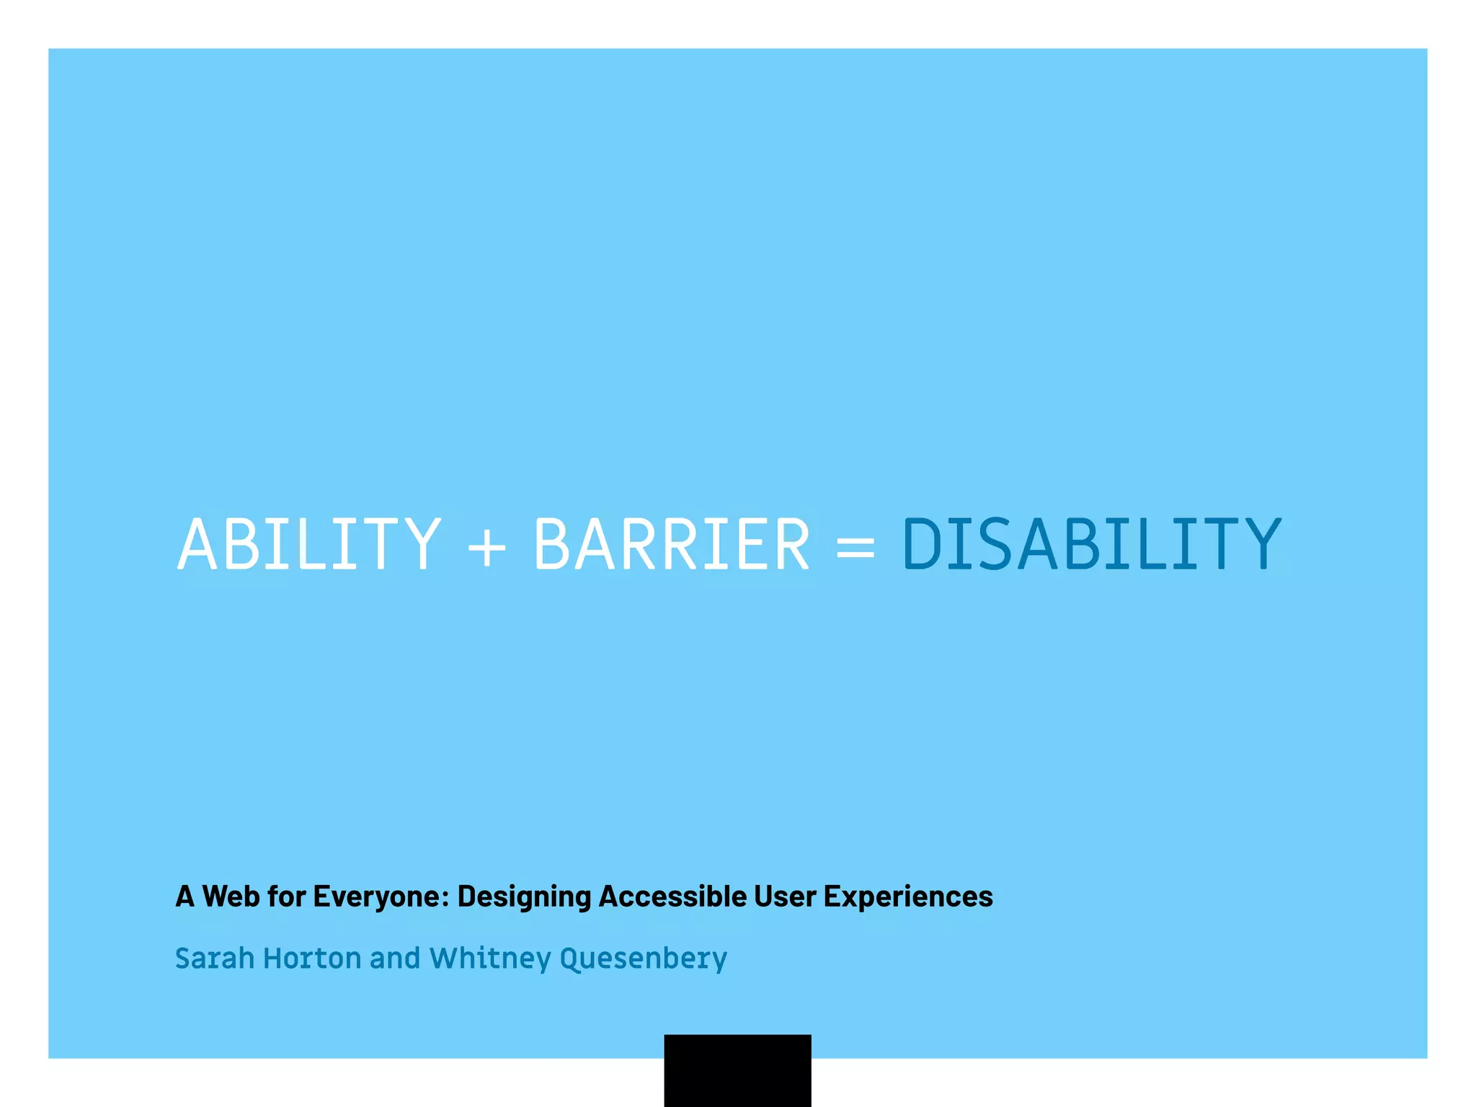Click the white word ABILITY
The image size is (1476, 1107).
(x=308, y=544)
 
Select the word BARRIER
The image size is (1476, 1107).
(x=672, y=544)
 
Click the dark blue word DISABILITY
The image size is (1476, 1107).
(x=1091, y=544)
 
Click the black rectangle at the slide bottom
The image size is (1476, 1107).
(x=737, y=1070)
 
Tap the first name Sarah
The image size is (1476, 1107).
(x=215, y=959)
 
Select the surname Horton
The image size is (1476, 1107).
(x=312, y=959)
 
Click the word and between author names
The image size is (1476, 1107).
(x=395, y=959)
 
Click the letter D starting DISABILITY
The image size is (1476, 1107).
(x=924, y=544)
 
